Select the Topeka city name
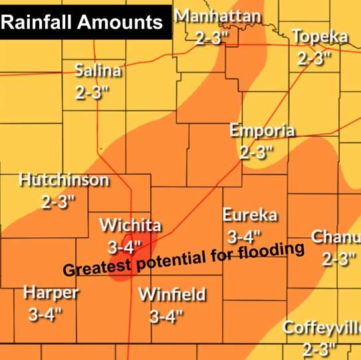coord(320,37)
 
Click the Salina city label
coord(97,71)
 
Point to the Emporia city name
coord(261,130)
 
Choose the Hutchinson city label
coord(64,180)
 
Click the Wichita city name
coord(130,225)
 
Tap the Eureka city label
coord(246,215)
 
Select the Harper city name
coord(51,293)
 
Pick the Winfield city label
coord(172,294)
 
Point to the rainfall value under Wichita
coord(124,247)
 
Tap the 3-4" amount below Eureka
coord(244,236)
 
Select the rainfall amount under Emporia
coord(257,152)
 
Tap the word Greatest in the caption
coord(94,269)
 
